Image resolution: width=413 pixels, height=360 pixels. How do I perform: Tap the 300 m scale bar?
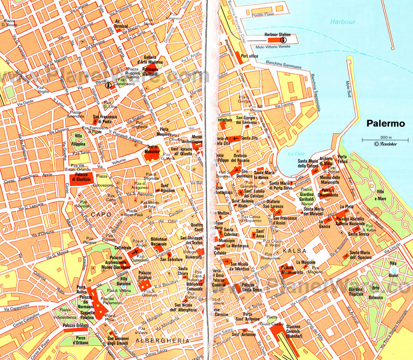[x=385, y=139]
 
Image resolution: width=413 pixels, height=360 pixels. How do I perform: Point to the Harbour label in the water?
[x=343, y=22]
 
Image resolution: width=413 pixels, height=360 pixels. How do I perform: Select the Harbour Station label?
[x=277, y=35]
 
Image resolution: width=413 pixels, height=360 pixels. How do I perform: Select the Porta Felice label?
[x=343, y=159]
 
